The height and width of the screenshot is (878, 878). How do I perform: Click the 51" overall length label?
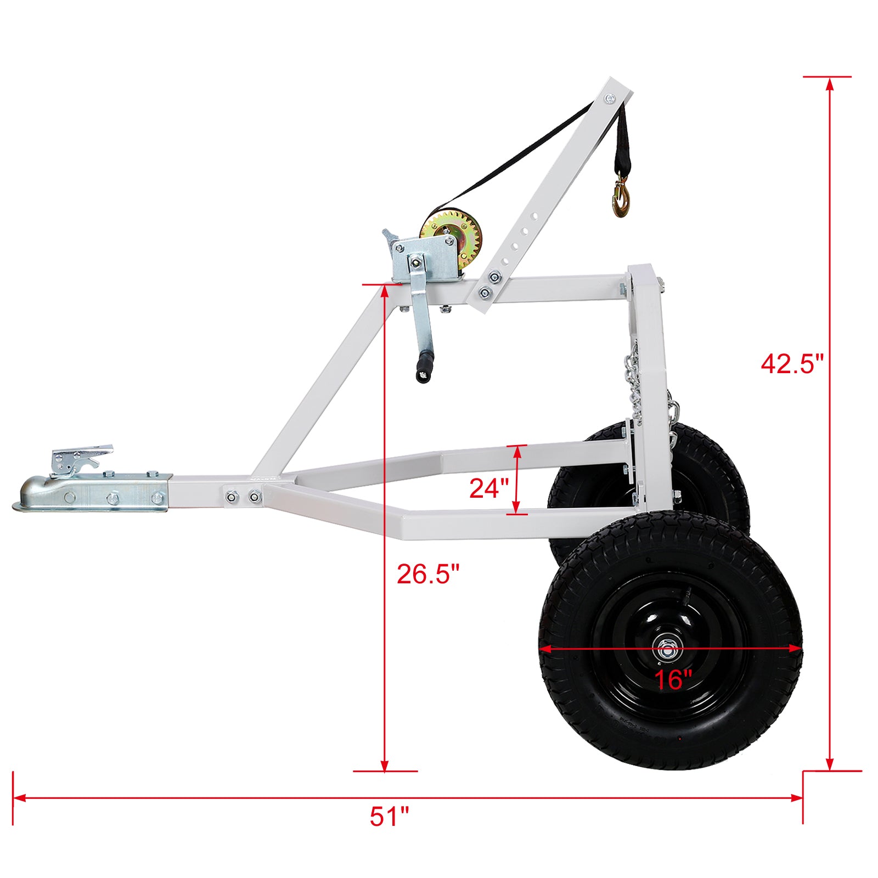389,817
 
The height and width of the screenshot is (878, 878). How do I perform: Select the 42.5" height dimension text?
792,363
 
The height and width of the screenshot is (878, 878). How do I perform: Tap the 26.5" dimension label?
427,574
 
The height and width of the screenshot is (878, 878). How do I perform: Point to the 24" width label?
489,488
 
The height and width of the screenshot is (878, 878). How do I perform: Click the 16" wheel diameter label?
673,680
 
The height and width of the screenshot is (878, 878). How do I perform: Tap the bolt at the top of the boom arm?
610,99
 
